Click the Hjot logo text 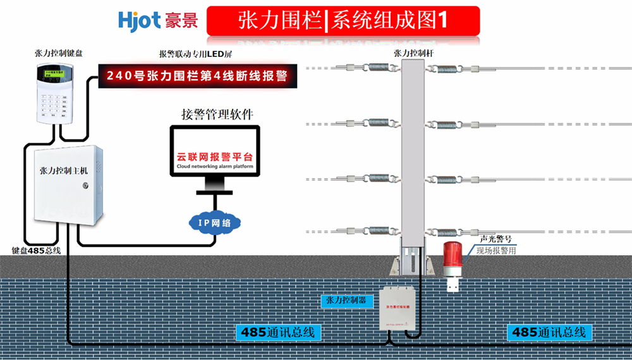coord(139,20)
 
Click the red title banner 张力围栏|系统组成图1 coord(343,20)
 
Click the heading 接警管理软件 coord(217,114)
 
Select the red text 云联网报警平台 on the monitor coord(214,156)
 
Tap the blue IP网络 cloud coord(214,222)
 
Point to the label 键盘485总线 coord(36,250)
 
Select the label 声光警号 coord(495,239)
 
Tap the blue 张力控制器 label coord(345,301)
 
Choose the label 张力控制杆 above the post coord(413,54)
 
